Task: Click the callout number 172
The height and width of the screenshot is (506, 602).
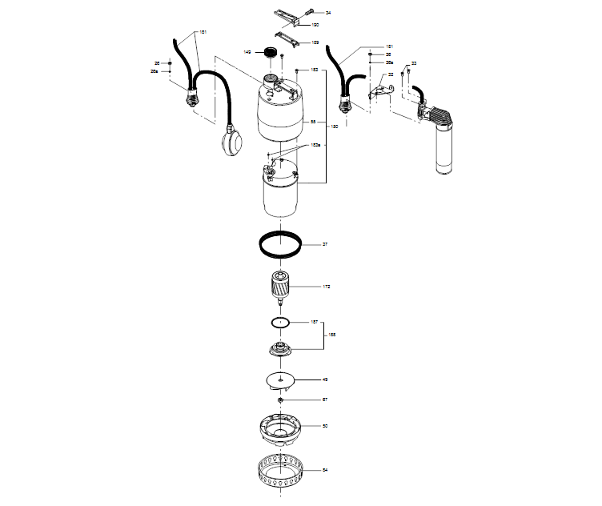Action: [x=326, y=286]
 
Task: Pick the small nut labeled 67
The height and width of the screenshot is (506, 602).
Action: [x=281, y=399]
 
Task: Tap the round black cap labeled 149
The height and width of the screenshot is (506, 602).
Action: [x=269, y=52]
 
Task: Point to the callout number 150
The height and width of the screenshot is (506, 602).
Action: [x=334, y=127]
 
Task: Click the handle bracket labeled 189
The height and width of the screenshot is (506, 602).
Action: [x=287, y=38]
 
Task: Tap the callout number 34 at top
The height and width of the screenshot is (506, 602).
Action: [x=327, y=14]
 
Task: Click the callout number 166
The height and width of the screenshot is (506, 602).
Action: [x=334, y=335]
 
